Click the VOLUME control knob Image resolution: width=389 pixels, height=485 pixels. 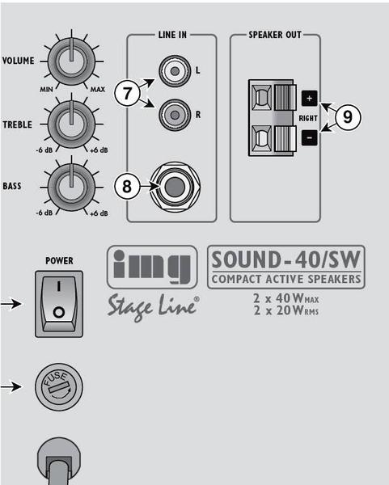tap(71, 61)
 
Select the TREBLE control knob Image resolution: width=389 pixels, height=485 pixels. tap(71, 124)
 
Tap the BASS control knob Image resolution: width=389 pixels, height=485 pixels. tap(71, 188)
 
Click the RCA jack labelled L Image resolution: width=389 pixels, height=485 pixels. tap(175, 71)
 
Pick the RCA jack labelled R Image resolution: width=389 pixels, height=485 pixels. tap(175, 115)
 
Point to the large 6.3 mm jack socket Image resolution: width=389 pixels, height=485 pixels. tap(175, 187)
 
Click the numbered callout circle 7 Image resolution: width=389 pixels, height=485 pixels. tap(127, 93)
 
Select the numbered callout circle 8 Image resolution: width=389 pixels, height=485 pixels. tap(127, 187)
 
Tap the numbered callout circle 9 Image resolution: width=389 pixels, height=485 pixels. tap(348, 117)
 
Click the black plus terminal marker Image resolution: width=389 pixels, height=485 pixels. tap(310, 99)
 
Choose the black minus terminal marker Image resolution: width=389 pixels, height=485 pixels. tap(310, 137)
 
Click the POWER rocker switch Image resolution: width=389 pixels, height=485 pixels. tap(59, 304)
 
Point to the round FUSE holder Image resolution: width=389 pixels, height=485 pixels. tap(59, 387)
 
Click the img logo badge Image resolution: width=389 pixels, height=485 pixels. tap(152, 267)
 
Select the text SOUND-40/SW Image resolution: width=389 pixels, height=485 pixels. tap(286, 259)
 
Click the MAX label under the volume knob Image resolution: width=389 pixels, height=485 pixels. tap(98, 90)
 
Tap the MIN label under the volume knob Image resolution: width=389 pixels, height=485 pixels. tap(46, 90)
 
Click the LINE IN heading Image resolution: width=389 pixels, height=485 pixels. tap(172, 35)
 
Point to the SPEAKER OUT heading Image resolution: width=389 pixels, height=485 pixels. tap(275, 35)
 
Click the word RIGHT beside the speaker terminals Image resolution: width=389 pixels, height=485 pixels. tap(308, 118)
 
